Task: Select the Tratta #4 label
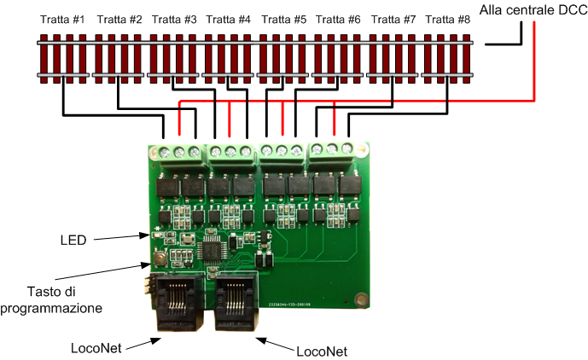coord(228,19)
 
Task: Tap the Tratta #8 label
coord(448,19)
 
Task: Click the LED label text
coord(73,241)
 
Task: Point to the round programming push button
coord(160,256)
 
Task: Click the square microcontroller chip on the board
coord(210,250)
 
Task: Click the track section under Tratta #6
coord(338,58)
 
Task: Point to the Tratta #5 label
coord(282,19)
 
